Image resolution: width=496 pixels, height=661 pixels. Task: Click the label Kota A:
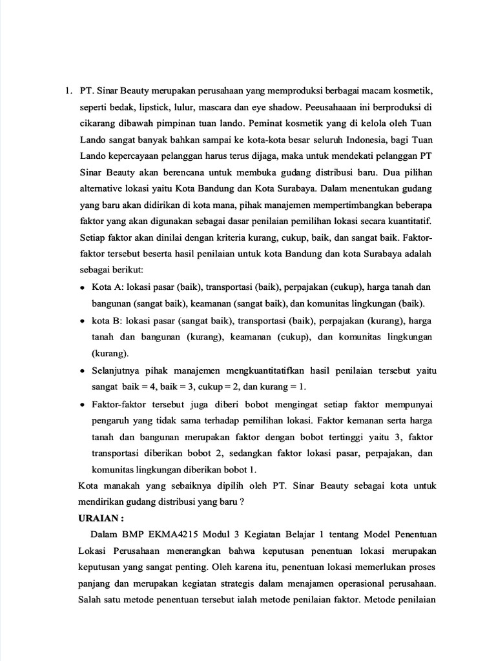108,287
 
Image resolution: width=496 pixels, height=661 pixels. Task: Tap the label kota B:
107,321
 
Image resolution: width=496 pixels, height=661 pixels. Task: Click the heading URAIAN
101,518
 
